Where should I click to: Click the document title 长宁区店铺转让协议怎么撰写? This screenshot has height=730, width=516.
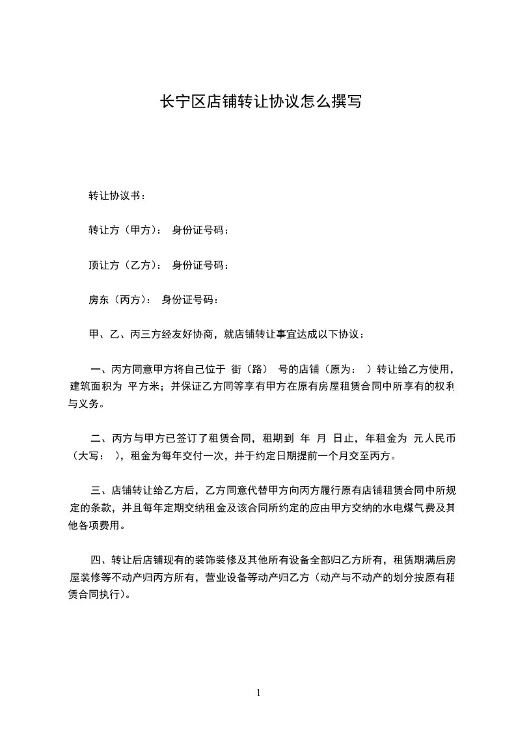[x=261, y=102]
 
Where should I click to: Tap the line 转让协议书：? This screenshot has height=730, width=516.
[x=117, y=195]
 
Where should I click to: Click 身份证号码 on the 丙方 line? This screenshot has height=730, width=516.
[x=190, y=300]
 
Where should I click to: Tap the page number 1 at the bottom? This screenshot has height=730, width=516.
[x=258, y=693]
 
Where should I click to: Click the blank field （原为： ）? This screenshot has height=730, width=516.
[x=346, y=370]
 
